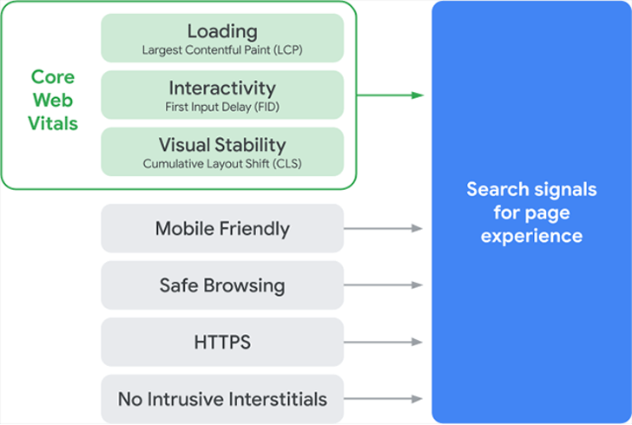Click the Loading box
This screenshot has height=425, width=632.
coord(222,38)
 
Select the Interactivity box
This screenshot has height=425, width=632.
coord(222,95)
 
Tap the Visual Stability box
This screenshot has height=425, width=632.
coord(222,152)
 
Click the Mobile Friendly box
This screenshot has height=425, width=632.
coord(222,229)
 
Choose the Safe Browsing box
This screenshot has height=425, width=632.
coord(222,285)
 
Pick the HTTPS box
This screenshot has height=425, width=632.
coord(222,342)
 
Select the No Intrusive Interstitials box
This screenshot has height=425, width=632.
coord(222,399)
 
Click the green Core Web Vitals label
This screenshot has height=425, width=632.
coord(52,101)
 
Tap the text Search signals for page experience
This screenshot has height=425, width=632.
coord(530,212)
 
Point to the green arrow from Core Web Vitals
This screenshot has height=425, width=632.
coord(390,95)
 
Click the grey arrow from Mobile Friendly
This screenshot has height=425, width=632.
coord(383,229)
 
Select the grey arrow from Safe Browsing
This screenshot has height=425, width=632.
coord(383,285)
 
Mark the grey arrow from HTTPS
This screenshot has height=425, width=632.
coord(383,342)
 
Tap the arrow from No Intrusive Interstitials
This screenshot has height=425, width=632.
coord(383,399)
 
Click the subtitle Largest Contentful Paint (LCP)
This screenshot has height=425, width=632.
coord(222,50)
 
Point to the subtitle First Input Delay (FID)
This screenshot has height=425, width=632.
coord(222,107)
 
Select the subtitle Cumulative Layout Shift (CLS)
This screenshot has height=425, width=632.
coord(222,163)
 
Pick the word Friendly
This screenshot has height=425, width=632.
coord(254,229)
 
